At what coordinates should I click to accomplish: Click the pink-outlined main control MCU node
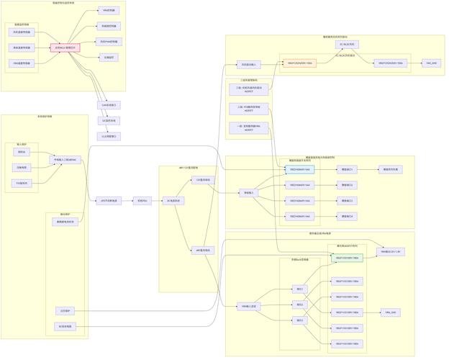pos(65,48)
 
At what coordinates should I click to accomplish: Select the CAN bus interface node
pos(109,105)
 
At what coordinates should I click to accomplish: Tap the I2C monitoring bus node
pos(109,121)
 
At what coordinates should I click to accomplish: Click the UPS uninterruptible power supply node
pos(109,201)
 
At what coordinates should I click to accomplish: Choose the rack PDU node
pos(142,201)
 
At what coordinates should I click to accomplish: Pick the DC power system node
pos(174,201)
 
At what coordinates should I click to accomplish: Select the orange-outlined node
pos(299,63)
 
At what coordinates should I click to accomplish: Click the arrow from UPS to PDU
pos(128,201)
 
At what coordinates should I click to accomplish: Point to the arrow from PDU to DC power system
pos(158,201)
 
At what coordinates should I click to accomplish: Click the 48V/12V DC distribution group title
pos(189,168)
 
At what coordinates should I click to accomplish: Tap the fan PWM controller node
pos(109,42)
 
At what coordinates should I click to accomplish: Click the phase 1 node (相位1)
pos(300,289)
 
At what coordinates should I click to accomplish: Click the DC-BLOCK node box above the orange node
pos(348,44)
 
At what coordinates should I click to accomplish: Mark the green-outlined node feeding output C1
pos(299,170)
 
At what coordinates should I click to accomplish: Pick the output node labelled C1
pos(348,170)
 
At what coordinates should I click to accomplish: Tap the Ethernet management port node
pos(109,136)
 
